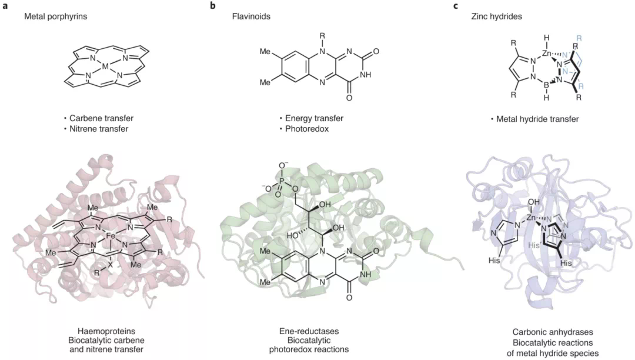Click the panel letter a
coord(5,6)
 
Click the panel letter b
coord(213,6)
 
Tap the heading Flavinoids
coord(251,17)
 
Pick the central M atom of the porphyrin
coord(106,68)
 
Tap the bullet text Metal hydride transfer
coord(535,119)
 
